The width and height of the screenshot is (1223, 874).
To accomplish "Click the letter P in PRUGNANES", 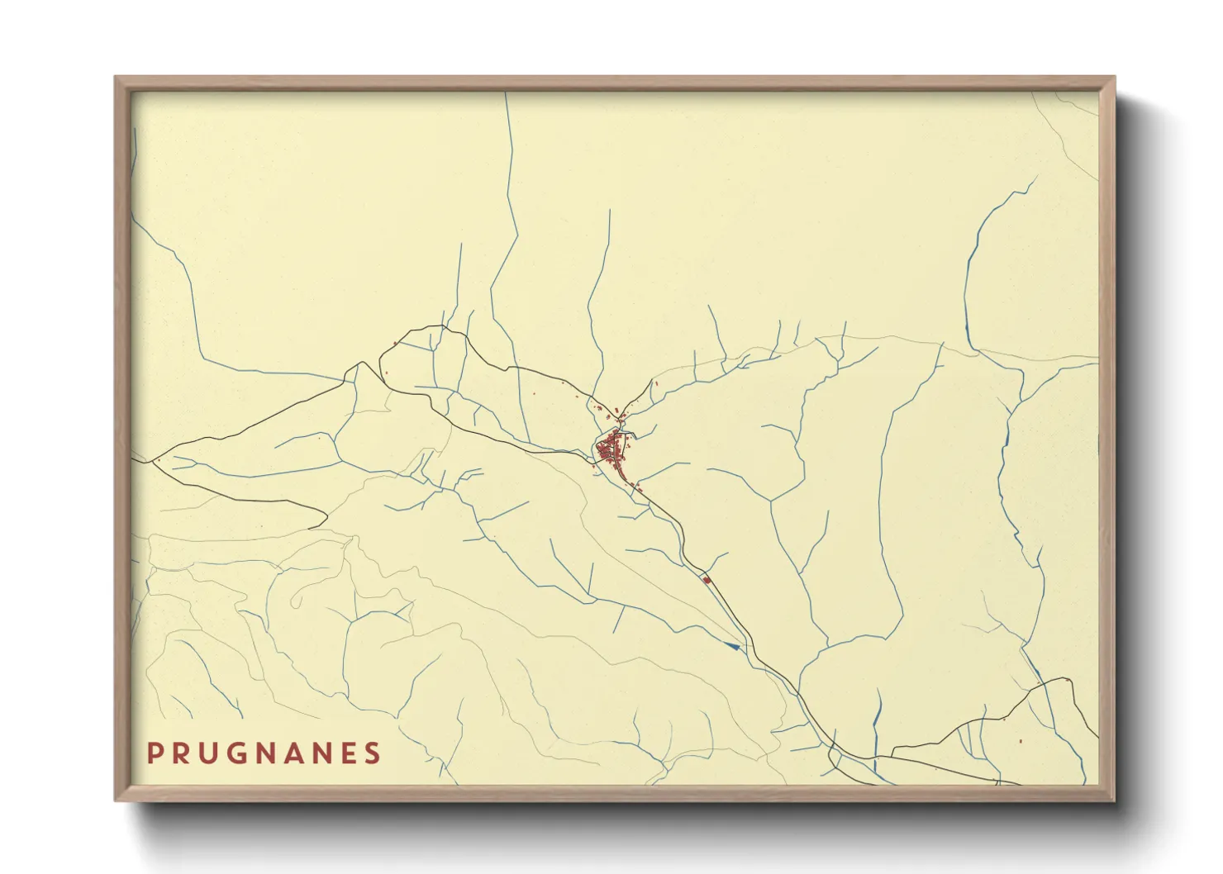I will pyautogui.click(x=155, y=753).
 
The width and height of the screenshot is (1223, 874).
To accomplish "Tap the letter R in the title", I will pyautogui.click(x=183, y=753).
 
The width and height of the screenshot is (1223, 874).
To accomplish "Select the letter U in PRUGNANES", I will pyautogui.click(x=212, y=753).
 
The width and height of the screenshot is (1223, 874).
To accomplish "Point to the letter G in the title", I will pyautogui.click(x=243, y=753).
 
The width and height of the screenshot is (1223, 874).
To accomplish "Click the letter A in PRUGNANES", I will pyautogui.click(x=307, y=753).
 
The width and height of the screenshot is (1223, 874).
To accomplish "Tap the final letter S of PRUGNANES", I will pyautogui.click(x=374, y=753).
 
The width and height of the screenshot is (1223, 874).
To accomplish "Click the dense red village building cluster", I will pyautogui.click(x=611, y=449).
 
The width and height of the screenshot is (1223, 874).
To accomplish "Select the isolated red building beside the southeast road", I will pyautogui.click(x=707, y=580).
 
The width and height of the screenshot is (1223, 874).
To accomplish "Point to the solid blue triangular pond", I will pyautogui.click(x=731, y=645).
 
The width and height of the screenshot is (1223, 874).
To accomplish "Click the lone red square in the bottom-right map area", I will pyautogui.click(x=1021, y=740).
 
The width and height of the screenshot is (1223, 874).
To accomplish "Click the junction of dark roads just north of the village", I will pyautogui.click(x=621, y=424).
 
